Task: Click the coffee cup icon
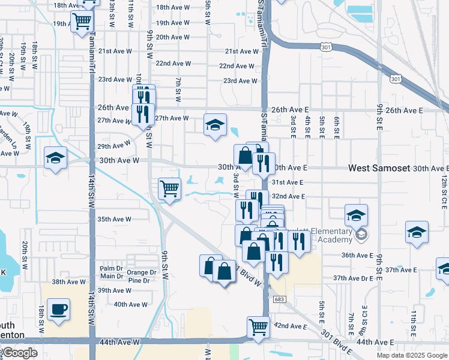58,310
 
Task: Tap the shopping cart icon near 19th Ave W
82,22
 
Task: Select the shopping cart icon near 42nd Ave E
258,328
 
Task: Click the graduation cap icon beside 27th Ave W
215,125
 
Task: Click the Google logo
19,353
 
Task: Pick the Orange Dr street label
141,272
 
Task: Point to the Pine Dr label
139,280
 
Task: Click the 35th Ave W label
114,219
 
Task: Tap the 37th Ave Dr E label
354,278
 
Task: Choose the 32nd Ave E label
289,196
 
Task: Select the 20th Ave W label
173,37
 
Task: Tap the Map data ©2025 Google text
412,355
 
